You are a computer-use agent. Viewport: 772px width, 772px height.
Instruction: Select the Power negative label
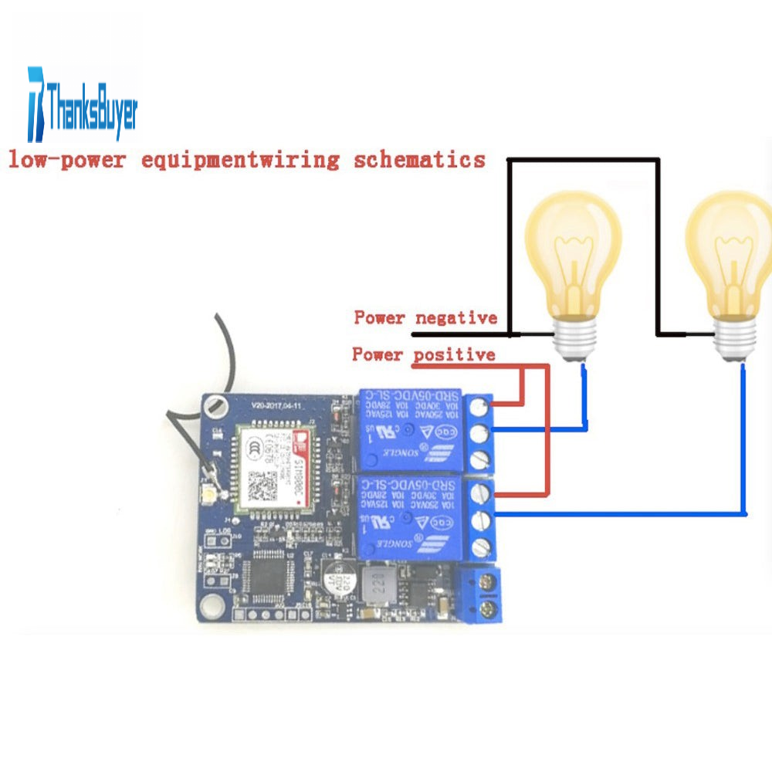425,317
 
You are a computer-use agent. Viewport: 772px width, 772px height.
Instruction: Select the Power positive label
423,354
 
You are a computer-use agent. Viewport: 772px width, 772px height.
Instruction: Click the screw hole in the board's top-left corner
217,404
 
